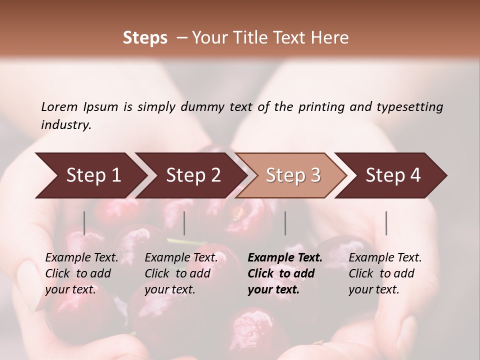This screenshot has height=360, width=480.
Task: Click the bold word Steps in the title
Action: click(145, 38)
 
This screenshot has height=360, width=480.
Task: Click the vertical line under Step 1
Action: click(84, 223)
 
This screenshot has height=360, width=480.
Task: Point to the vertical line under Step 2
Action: click(184, 223)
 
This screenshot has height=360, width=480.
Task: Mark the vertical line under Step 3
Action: click(285, 223)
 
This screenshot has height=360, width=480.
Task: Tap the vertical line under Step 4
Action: click(386, 223)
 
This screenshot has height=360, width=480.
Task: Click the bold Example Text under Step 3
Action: click(285, 258)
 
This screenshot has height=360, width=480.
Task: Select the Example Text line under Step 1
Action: click(81, 258)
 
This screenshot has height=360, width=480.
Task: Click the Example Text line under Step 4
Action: click(385, 258)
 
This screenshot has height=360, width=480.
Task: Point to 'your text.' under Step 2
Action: click(170, 290)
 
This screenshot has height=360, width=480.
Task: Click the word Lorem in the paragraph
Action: click(59, 106)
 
